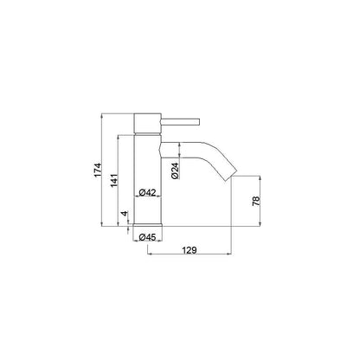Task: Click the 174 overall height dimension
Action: click(x=99, y=170)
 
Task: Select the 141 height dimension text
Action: click(x=114, y=180)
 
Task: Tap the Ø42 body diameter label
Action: click(x=147, y=192)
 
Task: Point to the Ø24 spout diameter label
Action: click(x=175, y=170)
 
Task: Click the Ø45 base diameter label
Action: click(x=147, y=237)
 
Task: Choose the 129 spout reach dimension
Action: click(x=190, y=250)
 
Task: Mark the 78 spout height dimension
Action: click(x=256, y=201)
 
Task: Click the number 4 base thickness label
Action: click(x=125, y=214)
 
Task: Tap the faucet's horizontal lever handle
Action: click(x=180, y=121)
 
